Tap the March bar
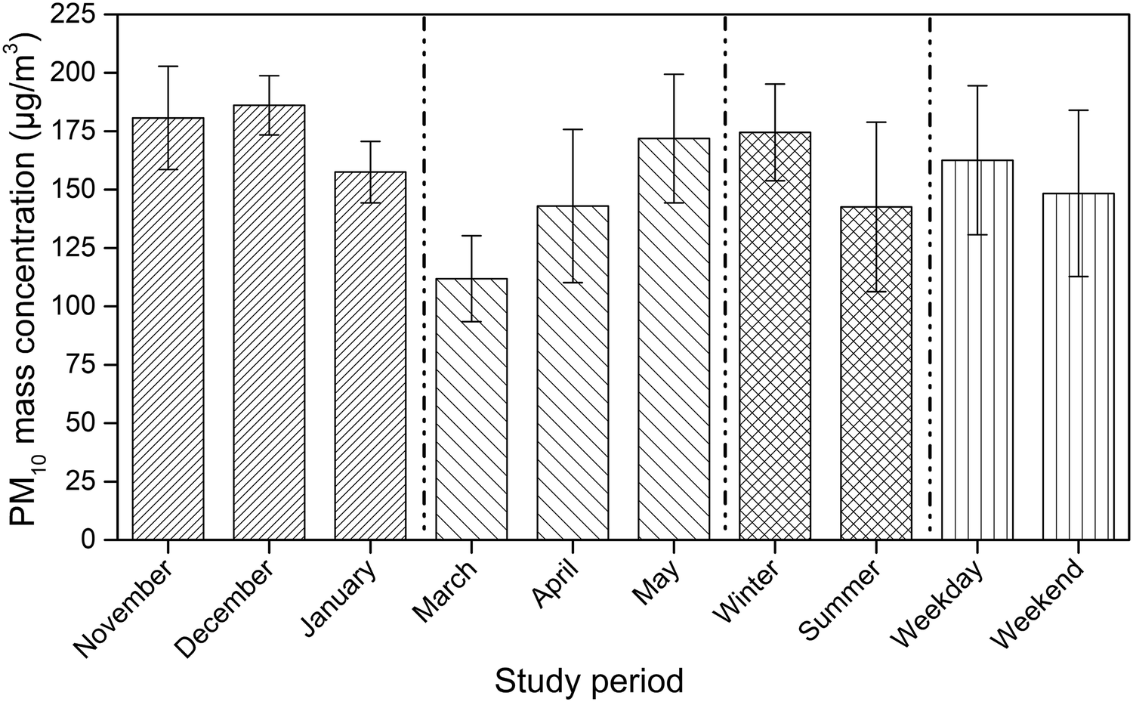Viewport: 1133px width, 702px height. pos(471,409)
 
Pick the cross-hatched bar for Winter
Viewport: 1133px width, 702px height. pos(774,336)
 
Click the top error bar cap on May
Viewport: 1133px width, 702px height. pos(674,74)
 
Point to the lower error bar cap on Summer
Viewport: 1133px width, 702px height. pos(875,292)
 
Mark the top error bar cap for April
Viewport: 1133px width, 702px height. pos(573,129)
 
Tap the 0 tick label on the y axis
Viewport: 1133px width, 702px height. pos(88,540)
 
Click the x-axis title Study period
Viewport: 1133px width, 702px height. pos(588,680)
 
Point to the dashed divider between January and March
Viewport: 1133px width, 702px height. pos(424,272)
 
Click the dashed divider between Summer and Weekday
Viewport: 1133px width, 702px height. pos(930,272)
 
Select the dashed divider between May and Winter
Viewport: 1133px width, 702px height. pos(725,272)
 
